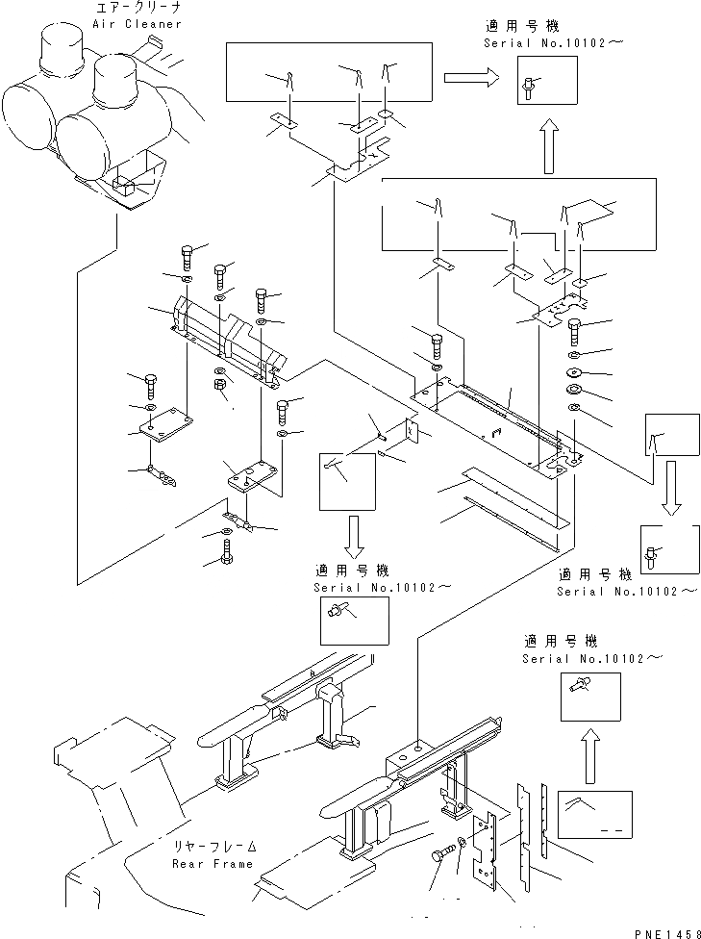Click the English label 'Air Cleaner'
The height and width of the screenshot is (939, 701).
click(x=138, y=24)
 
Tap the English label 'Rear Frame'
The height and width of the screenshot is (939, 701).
click(x=213, y=864)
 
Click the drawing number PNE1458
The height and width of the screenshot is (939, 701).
click(x=667, y=932)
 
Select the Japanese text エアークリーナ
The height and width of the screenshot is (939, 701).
click(x=138, y=8)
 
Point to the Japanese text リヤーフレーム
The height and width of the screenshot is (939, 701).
click(x=215, y=847)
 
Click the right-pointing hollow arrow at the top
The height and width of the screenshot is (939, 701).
click(x=471, y=77)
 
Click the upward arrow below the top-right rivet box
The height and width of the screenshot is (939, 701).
click(x=549, y=145)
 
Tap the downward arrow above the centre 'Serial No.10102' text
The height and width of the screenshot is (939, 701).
click(x=353, y=535)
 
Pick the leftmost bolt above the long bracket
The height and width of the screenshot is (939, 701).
click(x=187, y=258)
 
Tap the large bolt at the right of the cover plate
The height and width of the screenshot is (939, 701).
click(x=573, y=331)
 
